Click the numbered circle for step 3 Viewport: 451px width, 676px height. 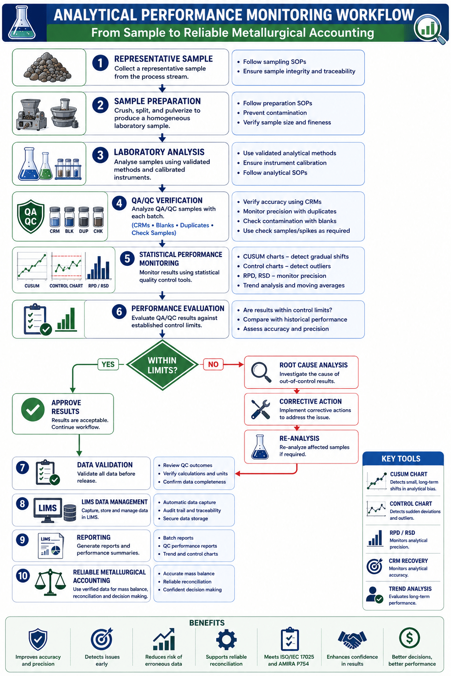click(100, 155)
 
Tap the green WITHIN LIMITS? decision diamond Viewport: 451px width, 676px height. click(162, 365)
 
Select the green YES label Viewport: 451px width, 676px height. click(108, 364)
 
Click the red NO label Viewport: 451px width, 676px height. click(213, 364)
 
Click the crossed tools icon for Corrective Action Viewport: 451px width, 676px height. click(261, 409)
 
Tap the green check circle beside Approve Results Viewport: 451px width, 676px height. click(33, 410)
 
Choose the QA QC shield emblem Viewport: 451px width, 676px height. click(30, 217)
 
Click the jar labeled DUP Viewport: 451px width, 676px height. click(84, 217)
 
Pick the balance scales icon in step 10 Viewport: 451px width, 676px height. click(50, 582)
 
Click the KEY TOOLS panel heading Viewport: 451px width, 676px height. click(401, 459)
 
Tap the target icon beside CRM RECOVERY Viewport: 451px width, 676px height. click(374, 566)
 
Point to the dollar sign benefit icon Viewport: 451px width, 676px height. click(409, 638)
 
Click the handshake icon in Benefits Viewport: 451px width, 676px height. click(352, 639)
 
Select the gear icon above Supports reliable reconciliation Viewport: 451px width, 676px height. click(226, 639)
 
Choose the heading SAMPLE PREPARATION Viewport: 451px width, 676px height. click(157, 101)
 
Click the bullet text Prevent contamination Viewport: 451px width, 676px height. click(275, 113)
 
